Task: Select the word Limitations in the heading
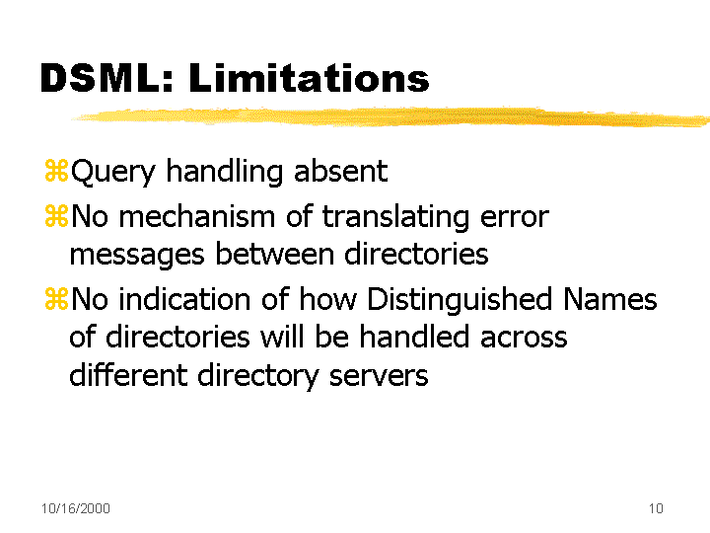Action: coord(309,78)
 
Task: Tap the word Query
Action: coord(113,173)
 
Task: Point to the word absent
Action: coord(340,171)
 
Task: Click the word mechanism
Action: coord(196,216)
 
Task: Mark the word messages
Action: coord(137,256)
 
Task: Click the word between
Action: coord(274,254)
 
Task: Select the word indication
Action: coord(184,299)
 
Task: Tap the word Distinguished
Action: coord(460,301)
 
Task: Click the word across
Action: coord(523,339)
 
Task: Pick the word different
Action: coord(128,374)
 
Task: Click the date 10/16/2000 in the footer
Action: coord(76,508)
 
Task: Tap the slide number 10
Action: coord(656,508)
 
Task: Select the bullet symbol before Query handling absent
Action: coord(56,171)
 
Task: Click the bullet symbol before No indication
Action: coord(56,299)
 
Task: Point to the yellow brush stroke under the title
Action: coord(390,116)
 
